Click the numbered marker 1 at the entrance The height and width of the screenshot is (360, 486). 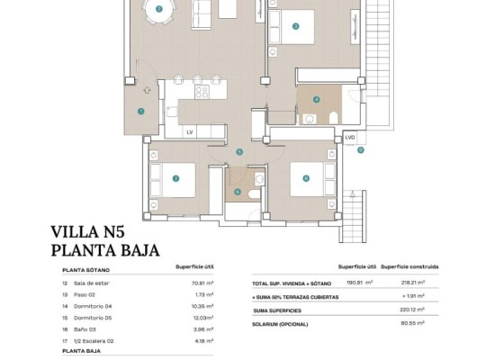tap(141, 111)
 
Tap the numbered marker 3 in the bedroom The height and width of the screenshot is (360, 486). tap(296, 26)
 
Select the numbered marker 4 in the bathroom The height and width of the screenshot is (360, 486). tap(316, 100)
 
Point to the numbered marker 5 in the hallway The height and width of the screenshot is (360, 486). tap(238, 152)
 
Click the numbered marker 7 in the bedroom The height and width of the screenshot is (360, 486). tap(175, 178)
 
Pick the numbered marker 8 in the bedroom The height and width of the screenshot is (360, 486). tap(306, 178)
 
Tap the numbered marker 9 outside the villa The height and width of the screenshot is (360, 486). tap(360, 150)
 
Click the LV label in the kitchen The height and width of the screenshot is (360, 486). tap(190, 132)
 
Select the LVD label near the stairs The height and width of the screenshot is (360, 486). tap(350, 137)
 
